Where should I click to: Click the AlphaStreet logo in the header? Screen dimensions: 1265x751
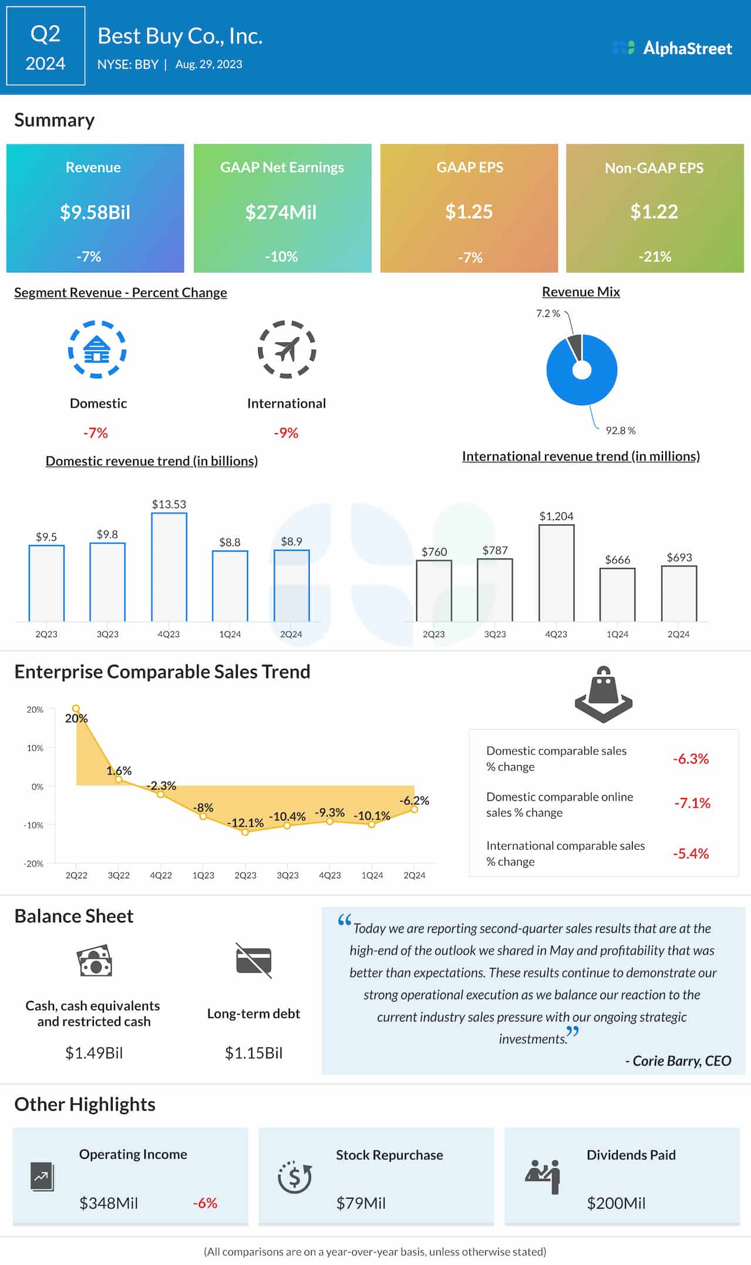(x=672, y=48)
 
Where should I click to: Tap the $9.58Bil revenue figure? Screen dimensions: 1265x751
(x=95, y=212)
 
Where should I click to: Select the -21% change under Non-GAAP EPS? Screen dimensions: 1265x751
(x=654, y=256)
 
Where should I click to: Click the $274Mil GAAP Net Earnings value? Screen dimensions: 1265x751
(x=281, y=212)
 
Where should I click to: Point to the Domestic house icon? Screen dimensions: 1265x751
(x=97, y=350)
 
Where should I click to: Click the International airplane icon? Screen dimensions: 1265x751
(x=287, y=350)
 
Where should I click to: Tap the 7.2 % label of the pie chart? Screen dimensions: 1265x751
(x=547, y=314)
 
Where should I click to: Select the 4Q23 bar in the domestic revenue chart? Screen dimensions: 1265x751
(x=169, y=567)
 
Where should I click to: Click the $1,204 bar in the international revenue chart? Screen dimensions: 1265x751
(x=556, y=573)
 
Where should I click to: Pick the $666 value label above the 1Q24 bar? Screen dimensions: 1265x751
(x=617, y=560)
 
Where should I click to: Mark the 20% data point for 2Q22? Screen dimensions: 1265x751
(x=76, y=709)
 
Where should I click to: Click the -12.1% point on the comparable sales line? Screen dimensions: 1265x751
(x=245, y=831)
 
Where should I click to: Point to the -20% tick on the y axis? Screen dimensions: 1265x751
(x=34, y=864)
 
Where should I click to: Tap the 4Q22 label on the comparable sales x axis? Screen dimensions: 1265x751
(x=161, y=875)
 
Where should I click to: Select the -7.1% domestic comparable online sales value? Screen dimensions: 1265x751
(x=692, y=803)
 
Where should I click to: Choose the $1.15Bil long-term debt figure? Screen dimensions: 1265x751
(x=253, y=1053)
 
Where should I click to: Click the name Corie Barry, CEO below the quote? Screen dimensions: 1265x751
(x=678, y=1061)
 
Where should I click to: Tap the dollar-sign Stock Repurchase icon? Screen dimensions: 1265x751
(x=295, y=1177)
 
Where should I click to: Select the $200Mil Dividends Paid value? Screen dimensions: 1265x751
(x=616, y=1203)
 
